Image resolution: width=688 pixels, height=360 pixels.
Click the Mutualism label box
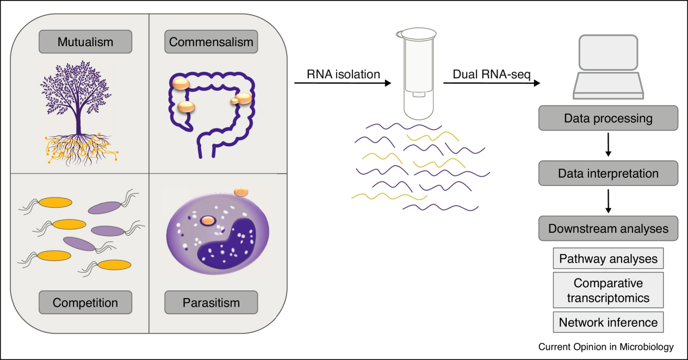[x=85, y=42]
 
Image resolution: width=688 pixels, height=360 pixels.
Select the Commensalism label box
[x=211, y=42]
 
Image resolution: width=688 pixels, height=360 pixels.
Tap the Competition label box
[x=85, y=302]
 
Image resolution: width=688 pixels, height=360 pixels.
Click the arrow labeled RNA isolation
[x=343, y=83]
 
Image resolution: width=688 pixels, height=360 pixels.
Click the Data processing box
[x=608, y=118]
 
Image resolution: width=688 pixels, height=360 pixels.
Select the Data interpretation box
[x=608, y=173]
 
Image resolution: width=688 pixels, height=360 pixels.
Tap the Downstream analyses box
[x=608, y=228]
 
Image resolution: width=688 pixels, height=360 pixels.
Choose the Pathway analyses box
[x=608, y=259]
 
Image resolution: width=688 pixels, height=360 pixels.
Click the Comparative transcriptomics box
[x=608, y=290]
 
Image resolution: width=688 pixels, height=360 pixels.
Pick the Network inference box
[x=608, y=322]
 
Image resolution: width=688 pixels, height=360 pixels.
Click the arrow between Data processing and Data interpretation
[x=608, y=145]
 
